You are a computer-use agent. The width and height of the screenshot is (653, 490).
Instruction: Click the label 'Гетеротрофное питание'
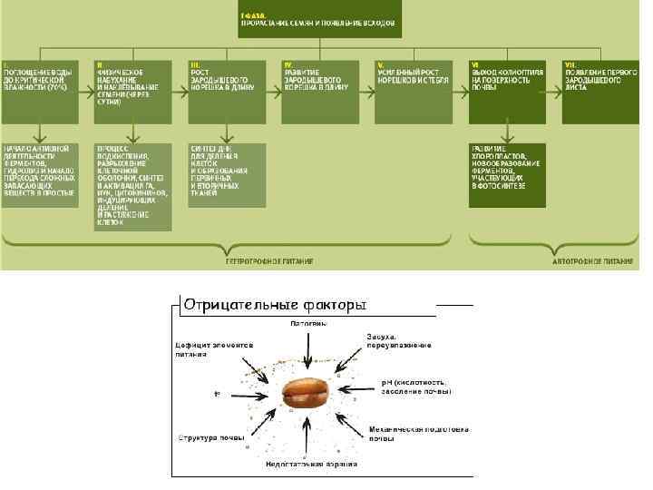(x=269, y=260)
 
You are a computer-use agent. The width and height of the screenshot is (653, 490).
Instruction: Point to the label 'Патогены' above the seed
(x=308, y=322)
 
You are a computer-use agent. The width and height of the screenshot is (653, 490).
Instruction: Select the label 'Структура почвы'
(x=210, y=438)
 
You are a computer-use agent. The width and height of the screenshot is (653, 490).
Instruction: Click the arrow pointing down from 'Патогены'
(x=308, y=349)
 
